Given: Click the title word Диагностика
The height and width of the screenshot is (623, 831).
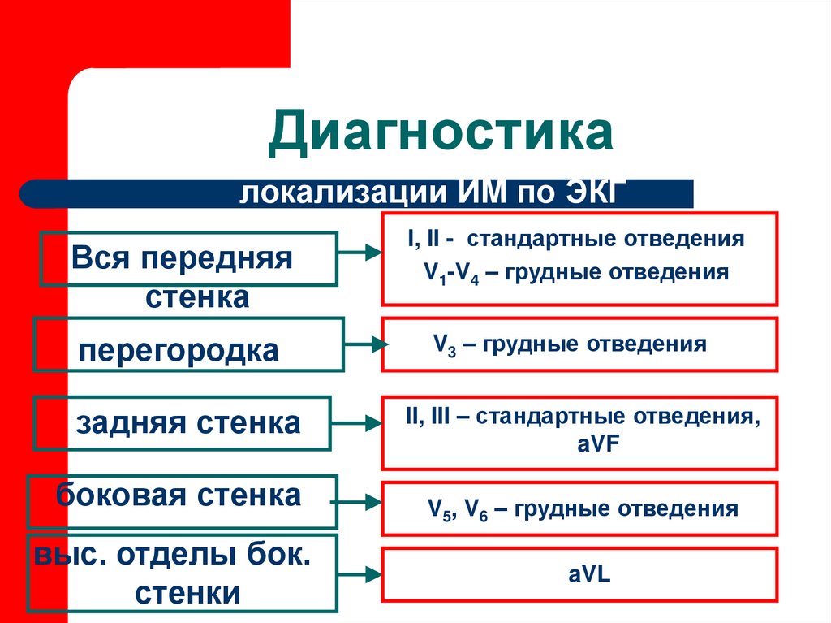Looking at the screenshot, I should click(441, 135).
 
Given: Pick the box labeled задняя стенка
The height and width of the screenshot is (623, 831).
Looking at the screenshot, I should click(182, 423).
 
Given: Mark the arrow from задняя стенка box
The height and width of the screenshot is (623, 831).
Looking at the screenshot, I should click(356, 423).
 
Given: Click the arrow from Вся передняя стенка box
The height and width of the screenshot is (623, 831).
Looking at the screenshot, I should click(360, 253).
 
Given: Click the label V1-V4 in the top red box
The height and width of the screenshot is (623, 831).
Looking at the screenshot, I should click(452, 273).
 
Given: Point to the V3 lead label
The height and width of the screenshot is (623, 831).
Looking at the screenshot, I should click(443, 344).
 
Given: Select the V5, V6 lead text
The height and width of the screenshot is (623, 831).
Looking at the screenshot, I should click(457, 510).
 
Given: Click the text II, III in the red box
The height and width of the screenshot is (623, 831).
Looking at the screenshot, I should click(427, 417).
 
